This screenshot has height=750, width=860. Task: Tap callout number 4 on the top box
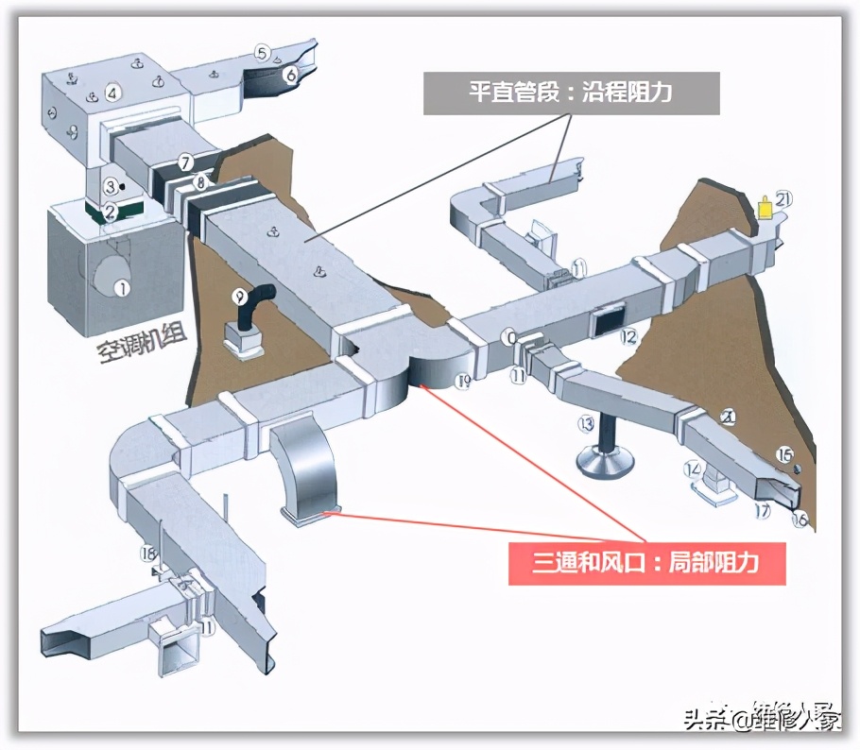[112, 93]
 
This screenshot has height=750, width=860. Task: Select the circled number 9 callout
[237, 295]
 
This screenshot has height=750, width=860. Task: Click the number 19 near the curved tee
[463, 382]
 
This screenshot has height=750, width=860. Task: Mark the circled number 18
[147, 554]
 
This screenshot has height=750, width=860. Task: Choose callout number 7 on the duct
[186, 162]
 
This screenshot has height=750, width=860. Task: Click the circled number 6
[290, 73]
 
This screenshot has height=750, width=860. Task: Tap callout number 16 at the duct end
[800, 520]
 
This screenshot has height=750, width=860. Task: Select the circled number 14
[693, 468]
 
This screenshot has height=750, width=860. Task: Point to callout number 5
[263, 53]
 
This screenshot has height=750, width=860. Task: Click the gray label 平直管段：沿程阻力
[572, 94]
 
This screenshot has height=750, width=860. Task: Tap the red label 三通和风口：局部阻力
[647, 564]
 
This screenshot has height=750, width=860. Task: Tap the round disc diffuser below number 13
[606, 462]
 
